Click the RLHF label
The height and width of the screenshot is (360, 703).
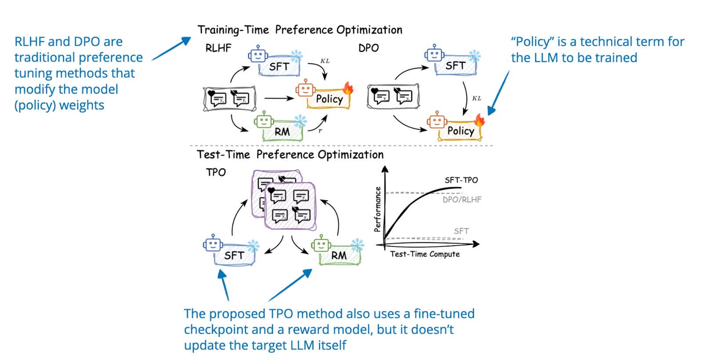coord(218,48)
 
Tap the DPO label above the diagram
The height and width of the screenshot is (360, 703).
coord(368,48)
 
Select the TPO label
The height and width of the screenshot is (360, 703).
coord(216,172)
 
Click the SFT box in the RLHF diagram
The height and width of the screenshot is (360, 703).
coord(279,67)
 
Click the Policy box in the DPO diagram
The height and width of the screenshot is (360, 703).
coord(460,131)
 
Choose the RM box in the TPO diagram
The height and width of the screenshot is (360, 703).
coord(339,255)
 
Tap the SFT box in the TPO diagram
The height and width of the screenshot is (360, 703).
coord(234,255)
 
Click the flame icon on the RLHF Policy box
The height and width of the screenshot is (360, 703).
coord(348,88)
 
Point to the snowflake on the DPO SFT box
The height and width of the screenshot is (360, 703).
coord(475,56)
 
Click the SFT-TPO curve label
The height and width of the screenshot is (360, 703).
coord(461,180)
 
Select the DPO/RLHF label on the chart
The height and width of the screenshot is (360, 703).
coord(462,200)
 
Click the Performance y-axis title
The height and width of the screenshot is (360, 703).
coord(377,209)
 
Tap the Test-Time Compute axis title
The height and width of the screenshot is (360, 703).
coord(425,254)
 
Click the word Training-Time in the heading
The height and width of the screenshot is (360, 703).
coord(233,30)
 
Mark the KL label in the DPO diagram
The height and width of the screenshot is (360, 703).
coord(476,98)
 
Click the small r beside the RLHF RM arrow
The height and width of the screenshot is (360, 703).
coord(320,131)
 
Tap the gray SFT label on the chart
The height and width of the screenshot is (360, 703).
coord(461,231)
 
